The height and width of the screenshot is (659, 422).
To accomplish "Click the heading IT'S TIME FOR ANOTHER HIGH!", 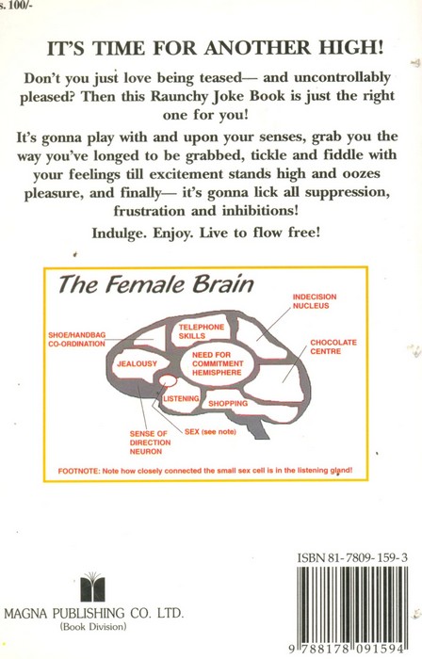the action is pyautogui.click(x=215, y=47).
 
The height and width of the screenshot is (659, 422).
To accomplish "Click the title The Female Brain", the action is pyautogui.click(x=155, y=284).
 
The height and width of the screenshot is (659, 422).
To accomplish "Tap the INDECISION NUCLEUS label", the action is pyautogui.click(x=315, y=301).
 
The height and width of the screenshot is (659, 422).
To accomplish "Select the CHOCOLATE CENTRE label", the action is pyautogui.click(x=333, y=346).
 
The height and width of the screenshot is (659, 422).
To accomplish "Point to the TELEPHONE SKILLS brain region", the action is pyautogui.click(x=202, y=331).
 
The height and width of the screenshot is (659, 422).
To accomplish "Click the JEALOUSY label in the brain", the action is pyautogui.click(x=137, y=363).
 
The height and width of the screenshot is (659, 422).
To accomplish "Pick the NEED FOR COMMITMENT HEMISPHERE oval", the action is pyautogui.click(x=218, y=363).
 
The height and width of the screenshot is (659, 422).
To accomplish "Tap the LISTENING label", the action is pyautogui.click(x=181, y=398).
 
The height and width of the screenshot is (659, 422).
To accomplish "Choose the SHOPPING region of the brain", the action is pyautogui.click(x=228, y=404).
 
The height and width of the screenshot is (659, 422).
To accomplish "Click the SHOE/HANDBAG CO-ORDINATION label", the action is pyautogui.click(x=77, y=339).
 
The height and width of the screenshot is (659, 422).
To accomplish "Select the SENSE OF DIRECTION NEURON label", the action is pyautogui.click(x=150, y=442).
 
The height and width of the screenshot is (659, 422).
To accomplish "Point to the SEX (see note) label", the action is pyautogui.click(x=210, y=431).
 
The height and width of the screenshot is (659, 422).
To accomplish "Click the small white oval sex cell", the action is pyautogui.click(x=168, y=380).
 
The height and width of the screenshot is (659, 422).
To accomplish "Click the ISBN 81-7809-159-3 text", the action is pyautogui.click(x=351, y=557).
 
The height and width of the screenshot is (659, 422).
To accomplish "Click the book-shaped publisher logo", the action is pyautogui.click(x=92, y=587).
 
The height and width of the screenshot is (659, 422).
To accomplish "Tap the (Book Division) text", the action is pyautogui.click(x=93, y=627).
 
